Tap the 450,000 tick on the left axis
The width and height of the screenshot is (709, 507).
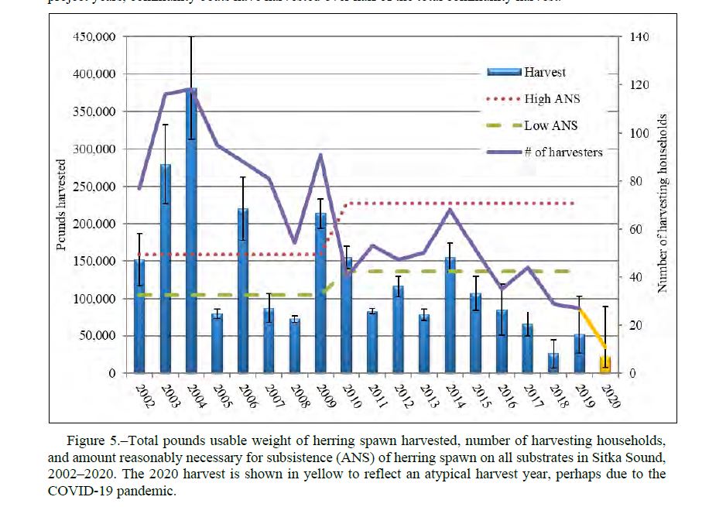coord(94,37)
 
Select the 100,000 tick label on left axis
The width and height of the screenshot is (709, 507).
coord(94,299)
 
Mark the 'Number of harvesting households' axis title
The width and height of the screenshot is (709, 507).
coord(663,205)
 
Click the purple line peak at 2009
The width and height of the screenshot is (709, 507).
coord(321,155)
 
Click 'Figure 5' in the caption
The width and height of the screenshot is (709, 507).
coord(101,441)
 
